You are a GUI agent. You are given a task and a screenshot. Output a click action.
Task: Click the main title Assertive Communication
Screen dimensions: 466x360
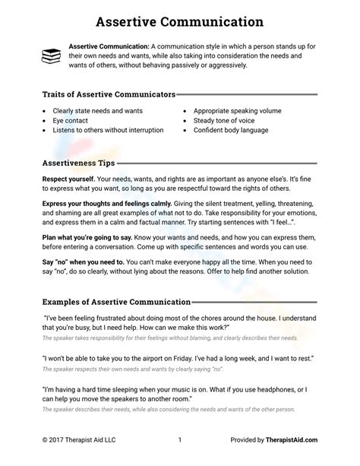[x=180, y=22]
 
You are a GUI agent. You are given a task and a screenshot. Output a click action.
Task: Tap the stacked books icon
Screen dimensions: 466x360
[x=51, y=55]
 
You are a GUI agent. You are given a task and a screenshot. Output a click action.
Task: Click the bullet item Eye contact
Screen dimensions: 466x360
[x=68, y=120]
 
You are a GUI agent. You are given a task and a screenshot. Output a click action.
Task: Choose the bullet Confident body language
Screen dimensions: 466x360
[x=232, y=130]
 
